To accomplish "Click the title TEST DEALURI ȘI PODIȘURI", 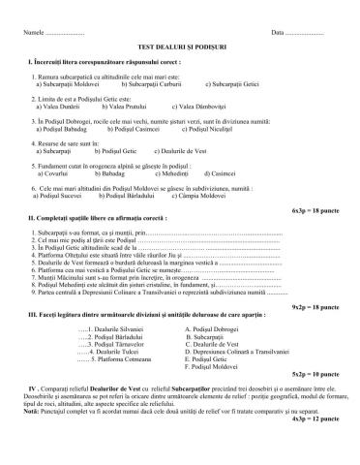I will (x=180, y=46).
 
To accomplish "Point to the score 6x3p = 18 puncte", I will (x=315, y=208).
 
